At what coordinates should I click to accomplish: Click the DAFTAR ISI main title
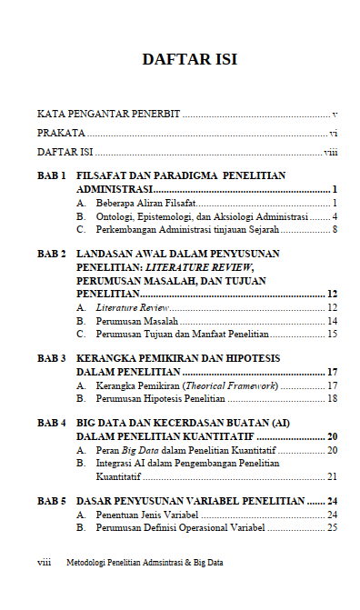189,60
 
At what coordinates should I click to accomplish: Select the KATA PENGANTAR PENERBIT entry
108,115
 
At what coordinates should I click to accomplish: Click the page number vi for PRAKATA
334,133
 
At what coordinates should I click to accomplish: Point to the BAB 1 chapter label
51,174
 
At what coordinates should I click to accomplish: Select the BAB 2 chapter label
51,254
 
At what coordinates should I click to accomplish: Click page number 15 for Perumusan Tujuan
333,335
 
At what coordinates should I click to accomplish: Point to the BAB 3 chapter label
51,359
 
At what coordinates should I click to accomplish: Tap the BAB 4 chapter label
51,424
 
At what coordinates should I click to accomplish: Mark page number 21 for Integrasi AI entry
333,476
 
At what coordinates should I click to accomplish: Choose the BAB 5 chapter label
51,501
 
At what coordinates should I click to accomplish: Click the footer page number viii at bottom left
44,563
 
